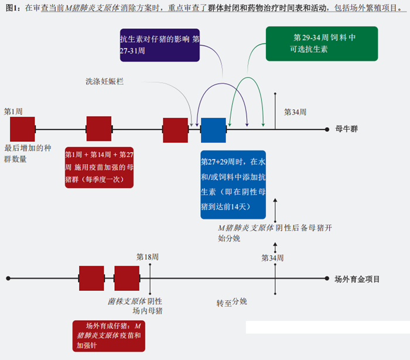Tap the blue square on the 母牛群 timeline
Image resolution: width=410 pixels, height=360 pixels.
point(213,130)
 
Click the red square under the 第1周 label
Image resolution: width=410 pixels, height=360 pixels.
point(23,130)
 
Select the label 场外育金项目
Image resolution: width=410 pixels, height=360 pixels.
point(357,279)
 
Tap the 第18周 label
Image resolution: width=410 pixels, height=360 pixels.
point(148,257)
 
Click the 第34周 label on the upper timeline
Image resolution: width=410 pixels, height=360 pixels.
point(295,112)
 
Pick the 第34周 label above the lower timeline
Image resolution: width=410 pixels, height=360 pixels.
point(272,258)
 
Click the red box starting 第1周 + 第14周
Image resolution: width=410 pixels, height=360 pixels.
point(99,167)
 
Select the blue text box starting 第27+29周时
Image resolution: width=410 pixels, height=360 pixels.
point(233,184)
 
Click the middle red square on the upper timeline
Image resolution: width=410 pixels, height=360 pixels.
point(98,129)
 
